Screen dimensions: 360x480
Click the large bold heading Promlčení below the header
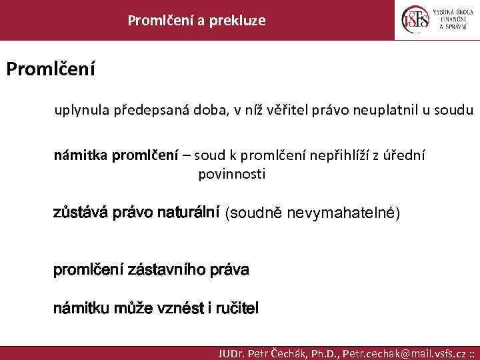(51, 69)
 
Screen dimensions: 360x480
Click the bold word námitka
(81, 155)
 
